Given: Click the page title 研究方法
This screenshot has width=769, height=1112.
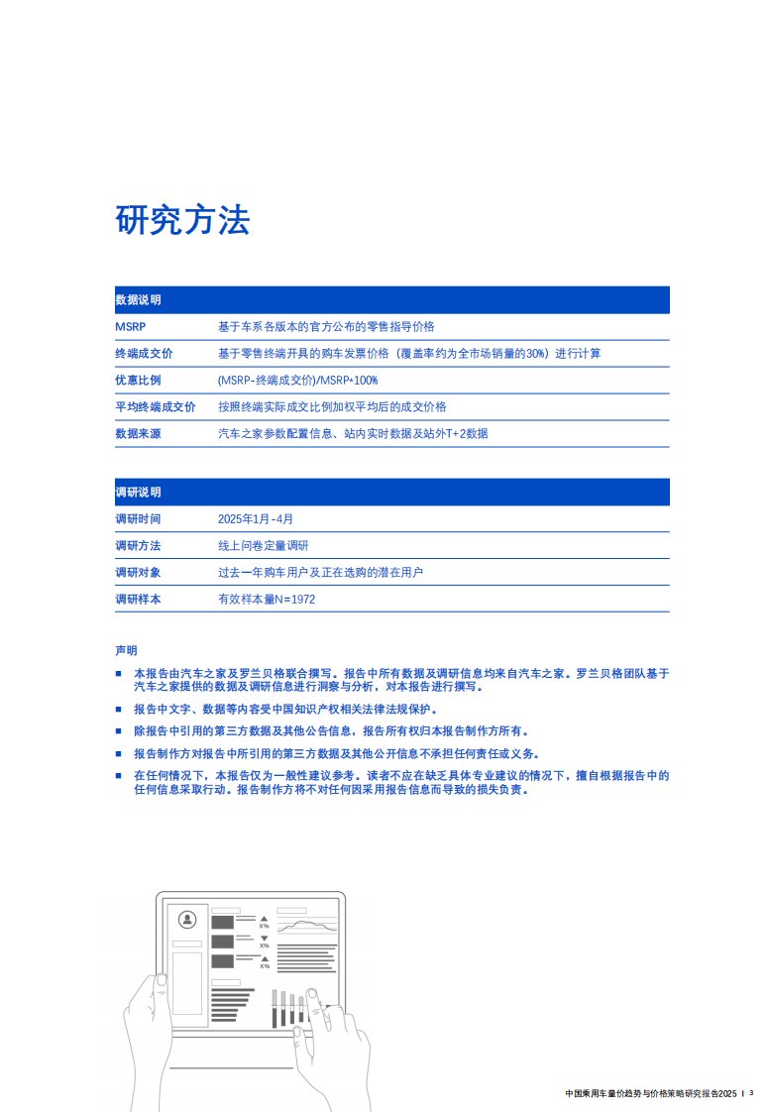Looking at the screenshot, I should (182, 220).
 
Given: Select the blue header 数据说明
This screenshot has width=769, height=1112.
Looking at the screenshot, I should (139, 299).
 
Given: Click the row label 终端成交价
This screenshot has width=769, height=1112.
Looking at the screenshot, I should (145, 353).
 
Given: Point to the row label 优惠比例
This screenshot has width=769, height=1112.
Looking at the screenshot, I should (139, 380).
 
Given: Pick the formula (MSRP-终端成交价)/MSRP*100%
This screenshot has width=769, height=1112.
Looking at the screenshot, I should (297, 380).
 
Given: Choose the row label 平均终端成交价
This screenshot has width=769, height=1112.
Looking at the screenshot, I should (156, 406).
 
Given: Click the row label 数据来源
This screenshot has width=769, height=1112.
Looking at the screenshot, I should (139, 433).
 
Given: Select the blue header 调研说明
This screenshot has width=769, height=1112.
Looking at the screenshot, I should (139, 492).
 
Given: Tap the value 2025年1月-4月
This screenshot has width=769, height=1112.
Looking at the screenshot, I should (256, 518).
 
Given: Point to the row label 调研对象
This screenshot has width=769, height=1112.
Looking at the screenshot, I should (139, 572).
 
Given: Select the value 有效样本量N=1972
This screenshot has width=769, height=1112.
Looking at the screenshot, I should (267, 599).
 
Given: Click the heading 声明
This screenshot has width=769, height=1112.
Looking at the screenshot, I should (127, 650).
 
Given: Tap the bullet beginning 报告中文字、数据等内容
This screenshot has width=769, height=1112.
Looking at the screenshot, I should (285, 710).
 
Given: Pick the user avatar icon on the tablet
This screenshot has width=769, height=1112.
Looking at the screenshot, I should (187, 920).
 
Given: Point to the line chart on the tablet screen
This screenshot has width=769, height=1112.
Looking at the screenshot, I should (307, 926).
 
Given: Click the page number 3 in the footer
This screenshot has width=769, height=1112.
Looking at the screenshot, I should (751, 1093).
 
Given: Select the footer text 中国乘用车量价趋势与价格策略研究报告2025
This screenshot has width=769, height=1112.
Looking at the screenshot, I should (650, 1093).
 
